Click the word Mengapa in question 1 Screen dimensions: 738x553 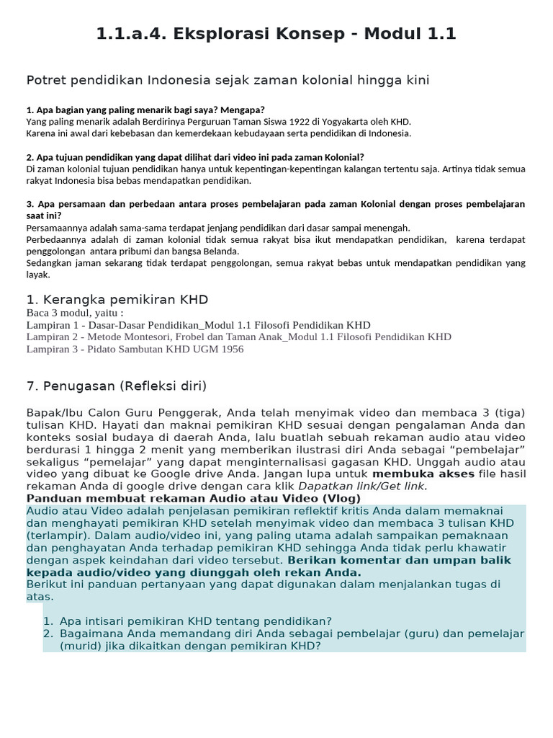click(224, 110)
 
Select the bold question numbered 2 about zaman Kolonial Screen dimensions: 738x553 click(195, 157)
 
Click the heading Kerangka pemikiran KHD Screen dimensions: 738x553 click(117, 299)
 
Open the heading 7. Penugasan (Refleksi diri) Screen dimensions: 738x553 click(116, 386)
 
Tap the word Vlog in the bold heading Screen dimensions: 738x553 click(309, 498)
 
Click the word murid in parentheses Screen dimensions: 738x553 click(63, 646)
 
